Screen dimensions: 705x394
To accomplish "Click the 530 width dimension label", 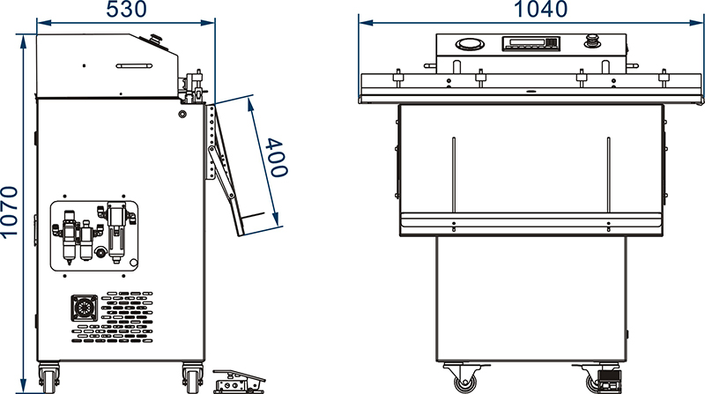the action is [x=126, y=9].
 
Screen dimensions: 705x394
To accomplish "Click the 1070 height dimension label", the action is [x=9, y=212].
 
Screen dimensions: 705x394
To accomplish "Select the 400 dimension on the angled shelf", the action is [x=276, y=158].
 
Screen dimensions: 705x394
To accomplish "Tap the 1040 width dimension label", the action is [x=539, y=9].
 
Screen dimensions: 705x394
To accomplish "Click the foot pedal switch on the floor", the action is [x=238, y=381].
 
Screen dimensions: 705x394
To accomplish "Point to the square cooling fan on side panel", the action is [x=84, y=309].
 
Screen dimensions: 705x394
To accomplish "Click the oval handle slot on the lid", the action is [x=134, y=65].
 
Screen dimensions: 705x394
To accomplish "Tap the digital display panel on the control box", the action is [x=531, y=43].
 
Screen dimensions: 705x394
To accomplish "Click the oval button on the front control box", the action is [x=470, y=44].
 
